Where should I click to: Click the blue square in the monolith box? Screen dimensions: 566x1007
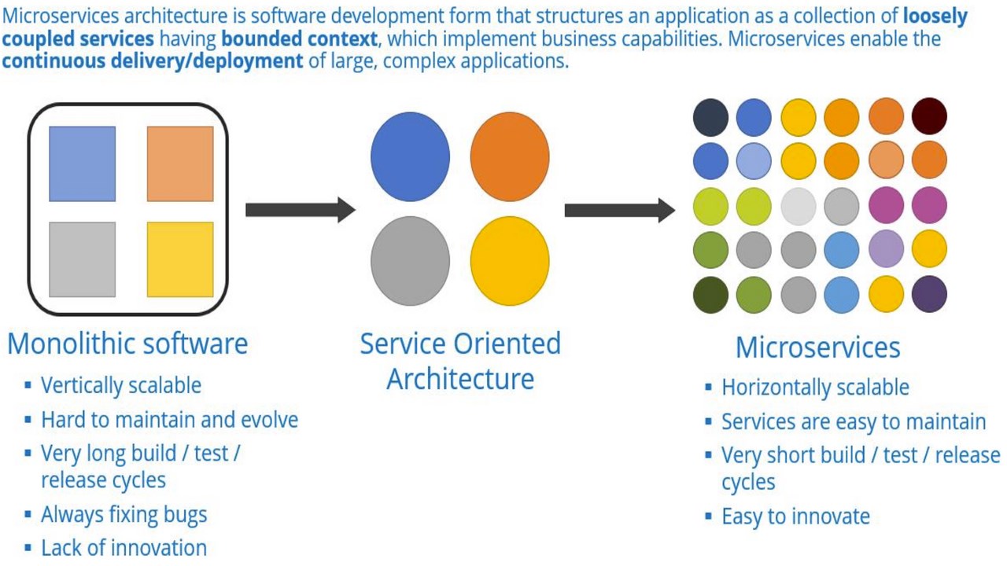click(x=82, y=164)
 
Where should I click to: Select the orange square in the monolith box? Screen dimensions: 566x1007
click(x=180, y=164)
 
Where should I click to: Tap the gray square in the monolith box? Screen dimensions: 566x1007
click(x=82, y=259)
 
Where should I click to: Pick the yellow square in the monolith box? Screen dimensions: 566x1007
click(x=180, y=259)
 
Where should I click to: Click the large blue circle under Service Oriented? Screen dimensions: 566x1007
click(x=410, y=156)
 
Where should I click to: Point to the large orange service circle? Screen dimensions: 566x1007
click(x=510, y=156)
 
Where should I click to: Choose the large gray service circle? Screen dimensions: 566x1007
click(x=410, y=260)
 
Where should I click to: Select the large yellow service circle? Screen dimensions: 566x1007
click(x=510, y=260)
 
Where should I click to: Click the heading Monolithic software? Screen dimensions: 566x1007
click(x=127, y=344)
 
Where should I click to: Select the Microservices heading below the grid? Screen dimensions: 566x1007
click(x=817, y=347)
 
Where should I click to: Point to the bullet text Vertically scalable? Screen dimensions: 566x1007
click(x=121, y=385)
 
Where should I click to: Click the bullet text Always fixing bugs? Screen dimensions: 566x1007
click(x=124, y=515)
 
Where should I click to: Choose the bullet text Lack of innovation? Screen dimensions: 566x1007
click(x=124, y=548)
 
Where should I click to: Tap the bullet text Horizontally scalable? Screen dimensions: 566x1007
click(x=815, y=388)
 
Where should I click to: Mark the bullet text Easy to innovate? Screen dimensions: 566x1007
click(x=795, y=516)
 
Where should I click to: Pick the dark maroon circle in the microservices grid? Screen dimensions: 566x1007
click(x=929, y=116)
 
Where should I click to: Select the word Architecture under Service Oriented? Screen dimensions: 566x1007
click(x=460, y=379)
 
